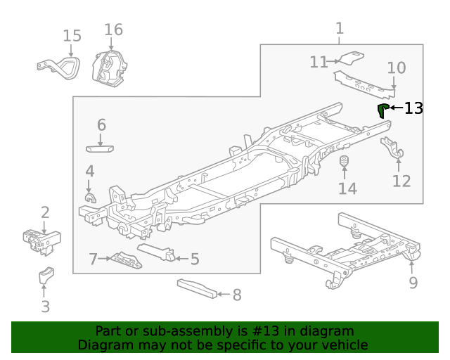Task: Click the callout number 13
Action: (x=413, y=108)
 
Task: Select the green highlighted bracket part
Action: (x=382, y=110)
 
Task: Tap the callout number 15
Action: (x=72, y=36)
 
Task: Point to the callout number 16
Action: (x=113, y=30)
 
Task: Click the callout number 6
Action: (x=101, y=125)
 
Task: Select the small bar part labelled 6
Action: (x=100, y=148)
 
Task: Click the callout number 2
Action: (x=45, y=212)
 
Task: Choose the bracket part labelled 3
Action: (x=46, y=276)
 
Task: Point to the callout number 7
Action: (x=93, y=259)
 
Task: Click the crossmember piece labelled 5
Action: (x=157, y=252)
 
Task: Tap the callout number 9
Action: (x=413, y=283)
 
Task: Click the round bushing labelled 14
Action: (x=345, y=165)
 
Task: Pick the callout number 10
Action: (x=397, y=68)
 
